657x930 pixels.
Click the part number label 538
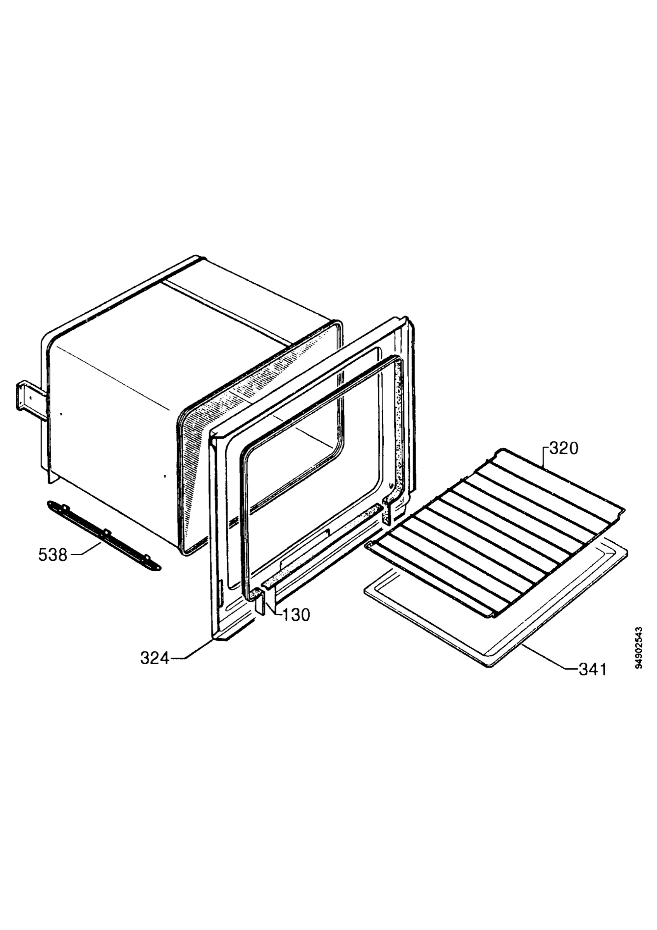53,555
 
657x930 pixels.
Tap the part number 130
296,615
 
